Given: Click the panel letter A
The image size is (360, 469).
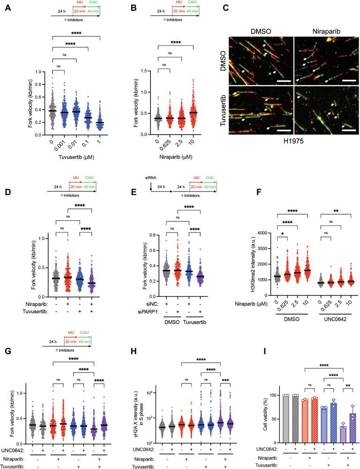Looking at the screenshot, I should (7, 7).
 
